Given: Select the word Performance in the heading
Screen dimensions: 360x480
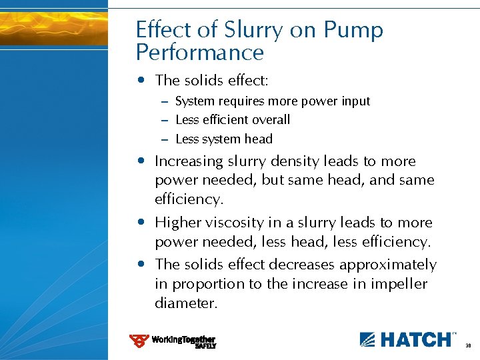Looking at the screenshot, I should (199, 53).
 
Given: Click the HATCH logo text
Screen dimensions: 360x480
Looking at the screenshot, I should (407, 339).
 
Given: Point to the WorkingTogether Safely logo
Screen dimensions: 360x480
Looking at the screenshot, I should (173, 341).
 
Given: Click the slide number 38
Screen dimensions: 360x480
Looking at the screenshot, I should (468, 346).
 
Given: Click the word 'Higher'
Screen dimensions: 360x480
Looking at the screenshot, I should (175, 223).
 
